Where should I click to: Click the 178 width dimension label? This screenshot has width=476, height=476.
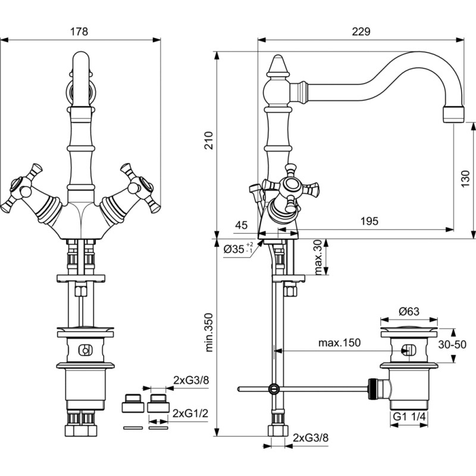[x=79, y=32]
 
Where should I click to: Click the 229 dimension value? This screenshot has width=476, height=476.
[x=361, y=32]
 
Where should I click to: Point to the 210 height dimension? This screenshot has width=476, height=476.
[x=209, y=140]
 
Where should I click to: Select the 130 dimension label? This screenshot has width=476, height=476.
[x=465, y=178]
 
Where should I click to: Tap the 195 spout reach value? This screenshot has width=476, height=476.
[x=369, y=221]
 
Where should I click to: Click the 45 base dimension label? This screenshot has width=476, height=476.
[x=242, y=225]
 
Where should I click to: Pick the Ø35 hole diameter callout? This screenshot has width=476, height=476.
[x=239, y=249]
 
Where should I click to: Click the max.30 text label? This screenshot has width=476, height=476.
[x=318, y=257]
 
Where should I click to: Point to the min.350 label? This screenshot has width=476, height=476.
[x=209, y=333]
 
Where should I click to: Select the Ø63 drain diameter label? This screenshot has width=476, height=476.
[x=409, y=311]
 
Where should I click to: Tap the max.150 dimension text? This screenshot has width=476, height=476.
[x=339, y=343]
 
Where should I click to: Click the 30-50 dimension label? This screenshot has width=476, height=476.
[x=452, y=345]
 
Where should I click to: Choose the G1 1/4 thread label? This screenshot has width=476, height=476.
[x=409, y=417]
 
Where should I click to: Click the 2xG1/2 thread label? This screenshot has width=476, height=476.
[x=190, y=413]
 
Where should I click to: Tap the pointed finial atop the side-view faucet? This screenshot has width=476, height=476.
[x=277, y=65]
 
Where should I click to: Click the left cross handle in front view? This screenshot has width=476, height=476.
[x=22, y=188]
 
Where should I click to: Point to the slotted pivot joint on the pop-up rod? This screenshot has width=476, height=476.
[x=274, y=389]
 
